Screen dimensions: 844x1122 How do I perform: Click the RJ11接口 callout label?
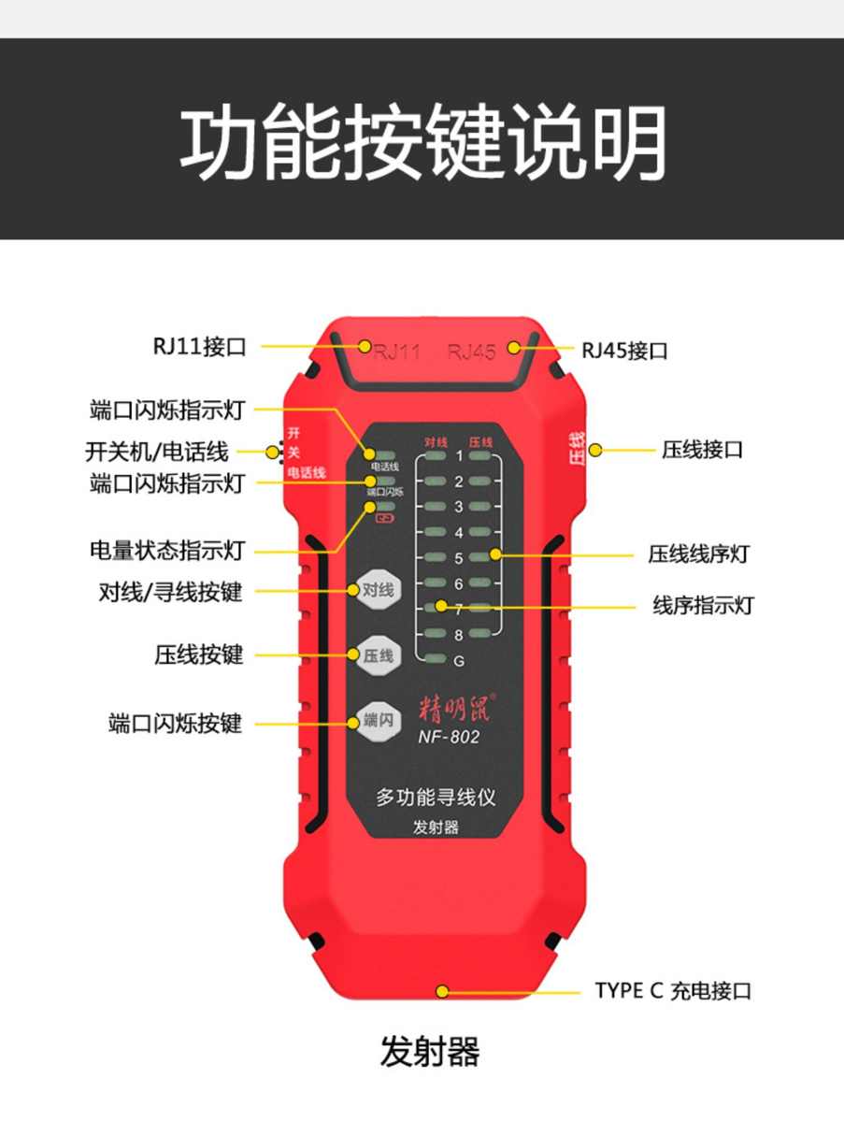[x=199, y=347]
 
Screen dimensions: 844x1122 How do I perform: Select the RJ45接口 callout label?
[x=624, y=352]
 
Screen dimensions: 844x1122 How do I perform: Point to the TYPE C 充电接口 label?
[x=673, y=991]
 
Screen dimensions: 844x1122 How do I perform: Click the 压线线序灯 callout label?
[x=698, y=554]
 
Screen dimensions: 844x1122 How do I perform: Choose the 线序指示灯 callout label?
[x=702, y=606]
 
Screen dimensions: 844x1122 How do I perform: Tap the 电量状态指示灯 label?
[x=167, y=551]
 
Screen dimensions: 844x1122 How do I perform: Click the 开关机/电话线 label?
[x=156, y=453]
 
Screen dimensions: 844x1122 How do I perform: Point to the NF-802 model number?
[x=449, y=737]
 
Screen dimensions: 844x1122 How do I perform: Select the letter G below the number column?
[x=459, y=660]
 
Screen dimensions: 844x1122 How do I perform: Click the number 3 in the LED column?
[x=459, y=507]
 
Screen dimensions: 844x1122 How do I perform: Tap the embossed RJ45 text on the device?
[x=471, y=352]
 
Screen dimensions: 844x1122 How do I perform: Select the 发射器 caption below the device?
[x=430, y=1052]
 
